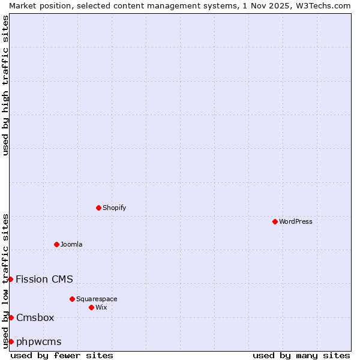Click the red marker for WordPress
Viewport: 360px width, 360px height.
(275, 221)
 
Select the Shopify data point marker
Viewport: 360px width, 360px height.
(98, 208)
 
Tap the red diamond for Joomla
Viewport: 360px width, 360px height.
(56, 244)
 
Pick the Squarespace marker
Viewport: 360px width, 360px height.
(72, 299)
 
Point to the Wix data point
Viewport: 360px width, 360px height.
(91, 307)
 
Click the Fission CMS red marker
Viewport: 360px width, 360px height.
(10, 279)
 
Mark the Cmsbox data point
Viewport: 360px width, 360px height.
(11, 317)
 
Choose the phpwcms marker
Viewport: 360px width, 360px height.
(11, 341)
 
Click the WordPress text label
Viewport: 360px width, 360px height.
(296, 221)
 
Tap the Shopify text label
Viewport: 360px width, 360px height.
(115, 208)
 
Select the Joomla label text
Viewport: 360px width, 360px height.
(71, 244)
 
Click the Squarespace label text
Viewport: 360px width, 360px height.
(97, 299)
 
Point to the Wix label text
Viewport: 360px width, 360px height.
(101, 307)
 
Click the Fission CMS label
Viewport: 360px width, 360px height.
(44, 279)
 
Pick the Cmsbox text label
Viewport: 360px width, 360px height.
(35, 317)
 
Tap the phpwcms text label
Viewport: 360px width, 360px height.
(39, 341)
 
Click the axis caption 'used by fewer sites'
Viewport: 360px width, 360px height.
(62, 355)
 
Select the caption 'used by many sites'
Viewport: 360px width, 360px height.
(301, 355)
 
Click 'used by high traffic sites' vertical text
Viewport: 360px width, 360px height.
(5, 85)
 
